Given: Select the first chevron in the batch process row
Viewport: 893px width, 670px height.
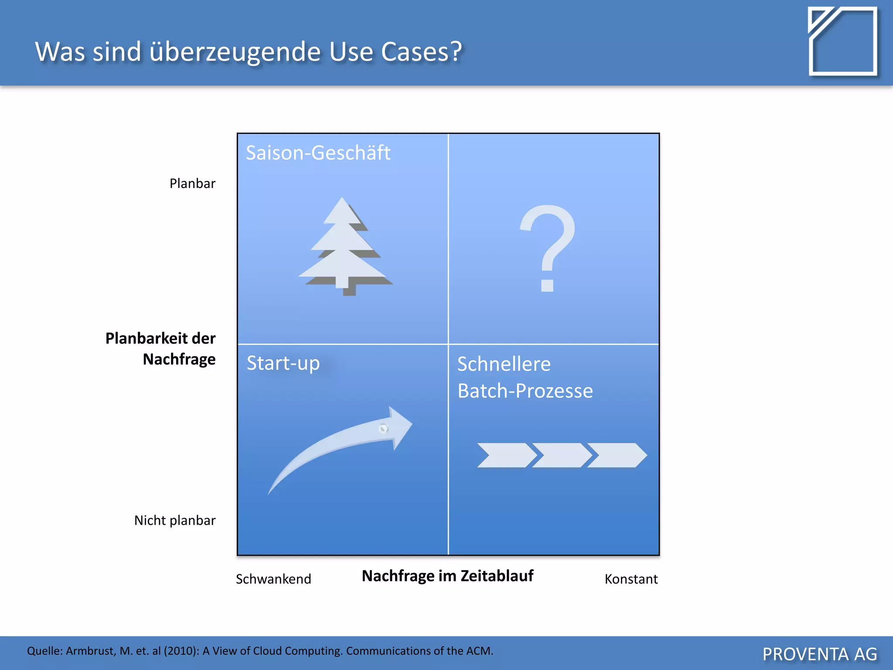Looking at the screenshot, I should click(506, 455).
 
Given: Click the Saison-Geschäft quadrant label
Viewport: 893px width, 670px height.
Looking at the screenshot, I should click(318, 153).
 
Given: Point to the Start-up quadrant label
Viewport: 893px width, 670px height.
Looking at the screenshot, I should click(283, 363).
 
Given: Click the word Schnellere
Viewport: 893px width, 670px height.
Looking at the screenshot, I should click(504, 364).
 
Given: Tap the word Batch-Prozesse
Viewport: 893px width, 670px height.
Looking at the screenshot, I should click(525, 391).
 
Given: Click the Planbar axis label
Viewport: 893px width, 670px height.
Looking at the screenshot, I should click(192, 184).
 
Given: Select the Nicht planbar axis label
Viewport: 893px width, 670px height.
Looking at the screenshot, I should click(175, 520).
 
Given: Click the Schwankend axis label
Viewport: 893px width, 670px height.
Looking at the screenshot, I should click(273, 579).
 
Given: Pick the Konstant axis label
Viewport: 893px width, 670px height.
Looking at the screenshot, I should click(631, 579).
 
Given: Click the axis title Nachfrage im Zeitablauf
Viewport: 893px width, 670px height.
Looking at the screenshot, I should click(447, 576).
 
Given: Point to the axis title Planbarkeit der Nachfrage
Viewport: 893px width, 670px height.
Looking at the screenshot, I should click(161, 349).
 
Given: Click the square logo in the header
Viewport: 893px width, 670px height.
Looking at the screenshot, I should click(842, 41).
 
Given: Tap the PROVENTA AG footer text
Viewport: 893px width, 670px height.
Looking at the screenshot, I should click(819, 654).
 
